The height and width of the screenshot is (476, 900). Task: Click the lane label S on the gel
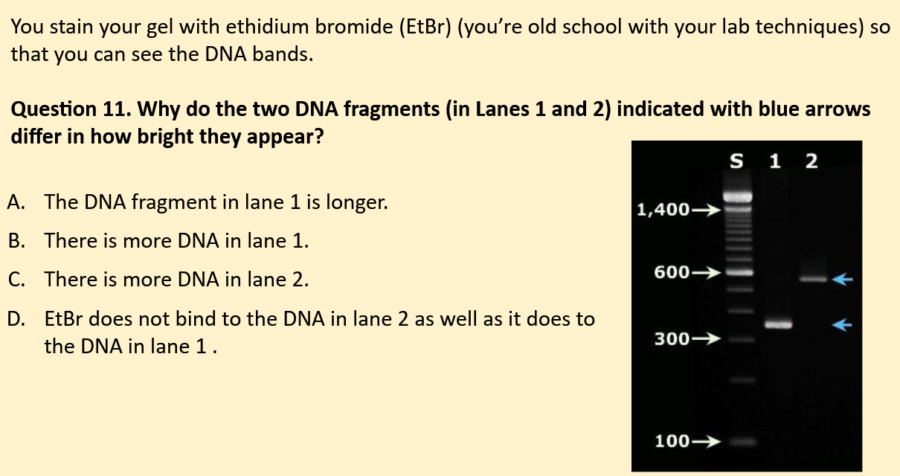(x=737, y=161)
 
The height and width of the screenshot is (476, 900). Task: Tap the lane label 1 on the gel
(x=775, y=161)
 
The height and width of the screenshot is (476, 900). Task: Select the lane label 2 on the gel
(x=810, y=161)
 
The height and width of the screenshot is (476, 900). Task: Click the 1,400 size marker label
(x=663, y=210)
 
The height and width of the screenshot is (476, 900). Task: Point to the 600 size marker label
(x=672, y=273)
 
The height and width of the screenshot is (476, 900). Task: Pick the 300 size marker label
(x=672, y=339)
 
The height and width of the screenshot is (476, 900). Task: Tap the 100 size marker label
(x=672, y=441)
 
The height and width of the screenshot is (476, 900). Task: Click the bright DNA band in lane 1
(x=778, y=325)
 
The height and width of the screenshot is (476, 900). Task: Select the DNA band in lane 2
(x=813, y=280)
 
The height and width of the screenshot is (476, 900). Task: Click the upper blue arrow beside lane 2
(x=841, y=280)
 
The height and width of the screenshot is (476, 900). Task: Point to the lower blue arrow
(x=841, y=324)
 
